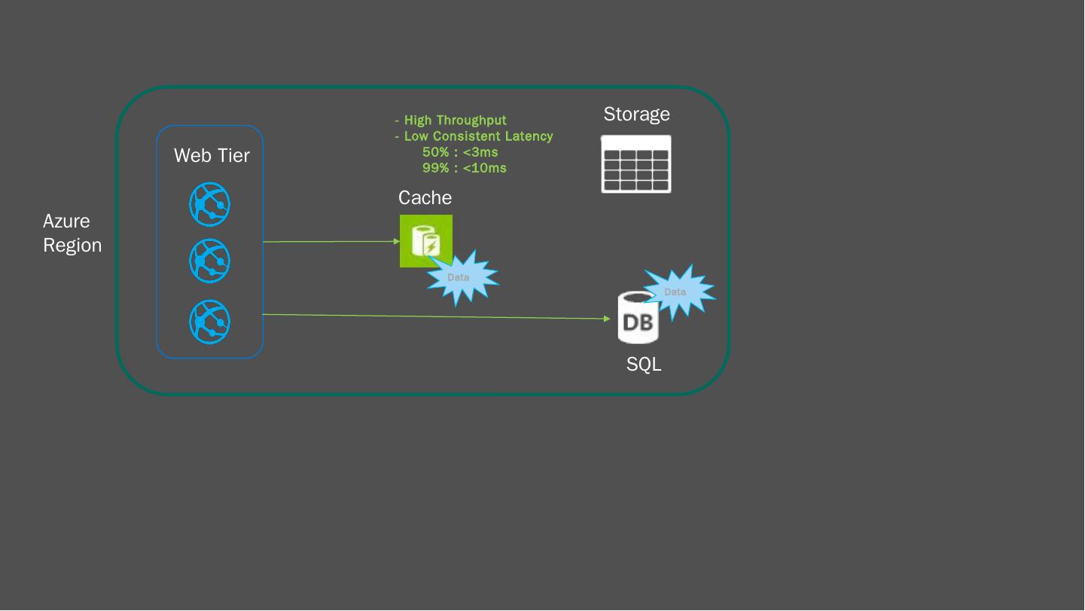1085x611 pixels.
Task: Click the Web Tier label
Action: (212, 155)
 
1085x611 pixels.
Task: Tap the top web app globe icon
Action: (209, 204)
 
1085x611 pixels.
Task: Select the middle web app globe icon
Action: (209, 260)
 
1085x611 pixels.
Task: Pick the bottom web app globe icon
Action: (209, 322)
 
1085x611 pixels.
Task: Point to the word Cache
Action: (425, 197)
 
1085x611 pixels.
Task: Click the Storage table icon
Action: (635, 164)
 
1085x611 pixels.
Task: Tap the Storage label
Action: (636, 115)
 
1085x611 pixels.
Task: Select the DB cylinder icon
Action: (637, 319)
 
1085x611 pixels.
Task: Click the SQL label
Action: (644, 365)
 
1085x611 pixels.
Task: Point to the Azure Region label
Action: (72, 233)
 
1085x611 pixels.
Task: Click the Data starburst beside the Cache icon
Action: (461, 277)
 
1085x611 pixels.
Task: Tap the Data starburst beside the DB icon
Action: (677, 292)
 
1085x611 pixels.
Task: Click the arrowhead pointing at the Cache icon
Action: (397, 242)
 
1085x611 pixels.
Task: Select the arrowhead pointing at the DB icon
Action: (607, 319)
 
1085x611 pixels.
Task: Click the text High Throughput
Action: (455, 121)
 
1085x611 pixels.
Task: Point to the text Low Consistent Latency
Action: (478, 136)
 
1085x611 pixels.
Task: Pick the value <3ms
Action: (480, 152)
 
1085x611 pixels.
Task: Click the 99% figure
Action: (435, 168)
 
